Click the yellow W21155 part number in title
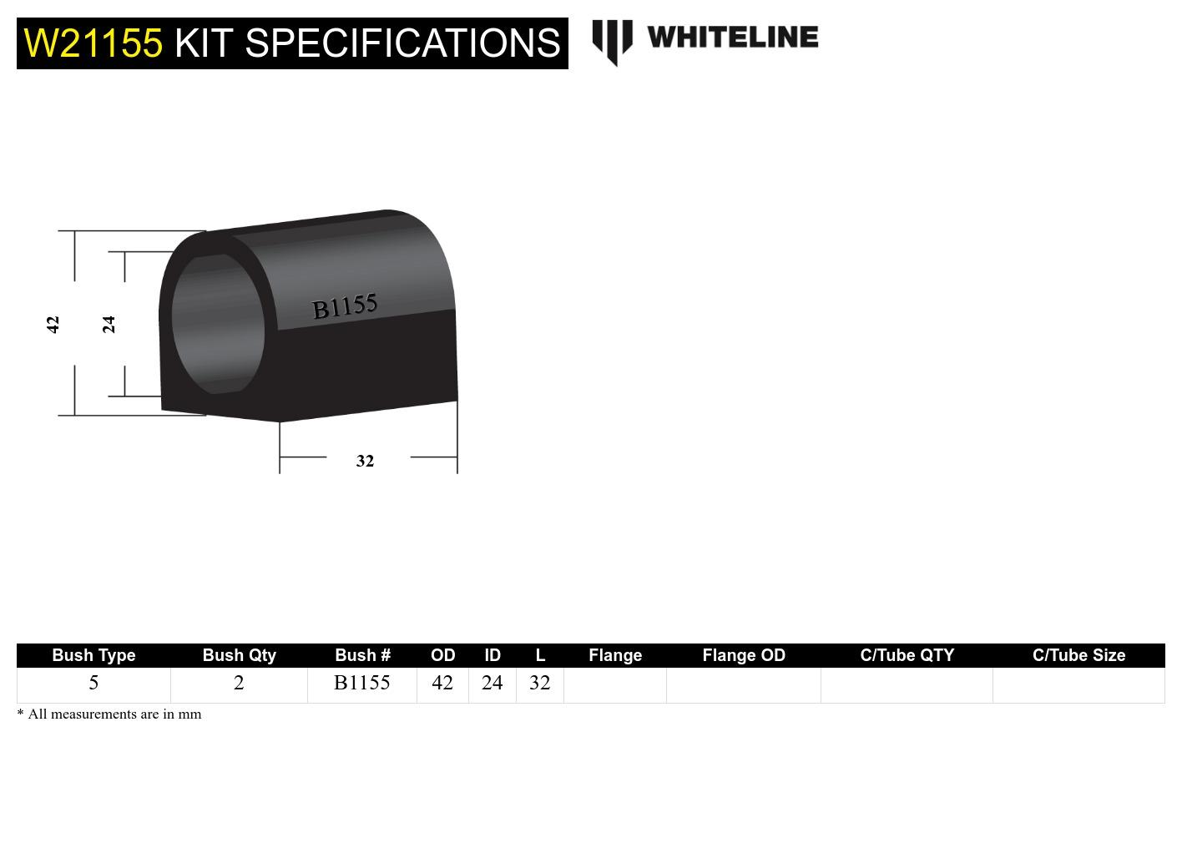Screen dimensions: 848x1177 point(93,43)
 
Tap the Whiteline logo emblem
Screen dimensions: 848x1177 point(612,41)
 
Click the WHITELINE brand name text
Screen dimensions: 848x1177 point(732,38)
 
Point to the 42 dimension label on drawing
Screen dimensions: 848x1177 point(53,324)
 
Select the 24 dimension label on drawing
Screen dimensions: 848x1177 point(109,324)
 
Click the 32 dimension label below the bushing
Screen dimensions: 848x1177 point(365,461)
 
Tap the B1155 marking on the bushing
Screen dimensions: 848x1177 point(344,306)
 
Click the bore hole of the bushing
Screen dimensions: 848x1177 point(218,324)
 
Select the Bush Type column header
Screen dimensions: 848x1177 point(93,655)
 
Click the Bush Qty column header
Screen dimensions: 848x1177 point(239,655)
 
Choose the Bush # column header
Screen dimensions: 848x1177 point(362,655)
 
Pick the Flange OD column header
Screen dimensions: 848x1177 point(744,655)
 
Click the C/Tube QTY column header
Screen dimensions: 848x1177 point(907,655)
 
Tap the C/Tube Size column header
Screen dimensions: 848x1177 point(1078,655)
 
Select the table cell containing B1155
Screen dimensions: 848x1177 point(362,684)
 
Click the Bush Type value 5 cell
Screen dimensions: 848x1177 point(93,684)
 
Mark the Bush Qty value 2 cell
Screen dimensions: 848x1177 point(239,684)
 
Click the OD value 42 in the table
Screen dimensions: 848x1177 point(442,684)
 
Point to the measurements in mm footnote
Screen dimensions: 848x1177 point(109,714)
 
